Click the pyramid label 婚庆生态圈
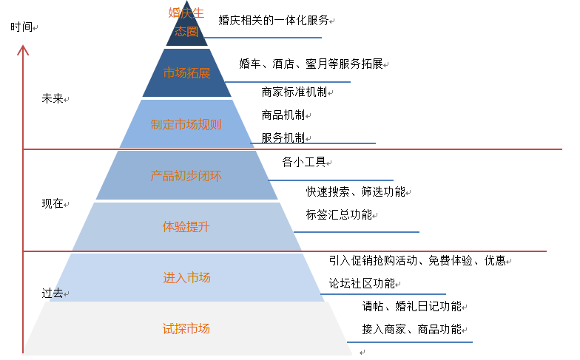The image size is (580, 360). pyautogui.click(x=186, y=22)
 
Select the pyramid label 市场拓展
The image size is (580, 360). pyautogui.click(x=186, y=73)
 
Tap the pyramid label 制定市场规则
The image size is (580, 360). pyautogui.click(x=186, y=124)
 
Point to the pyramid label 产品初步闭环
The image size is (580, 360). pyautogui.click(x=186, y=176)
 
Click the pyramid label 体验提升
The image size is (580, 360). pyautogui.click(x=186, y=226)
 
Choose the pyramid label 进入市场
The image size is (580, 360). pyautogui.click(x=186, y=278)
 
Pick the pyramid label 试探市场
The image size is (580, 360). pyautogui.click(x=186, y=328)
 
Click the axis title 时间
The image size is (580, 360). pyautogui.click(x=21, y=27)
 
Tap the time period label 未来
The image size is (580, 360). pyautogui.click(x=53, y=99)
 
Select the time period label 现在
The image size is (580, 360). pyautogui.click(x=53, y=204)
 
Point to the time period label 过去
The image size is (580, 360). pyautogui.click(x=53, y=293)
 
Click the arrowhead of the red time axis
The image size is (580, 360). pyautogui.click(x=23, y=46)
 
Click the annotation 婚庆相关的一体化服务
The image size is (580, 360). pyautogui.click(x=274, y=20)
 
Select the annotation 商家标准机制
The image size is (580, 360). pyautogui.click(x=294, y=92)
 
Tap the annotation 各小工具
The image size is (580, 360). pyautogui.click(x=304, y=162)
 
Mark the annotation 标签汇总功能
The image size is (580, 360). pyautogui.click(x=339, y=214)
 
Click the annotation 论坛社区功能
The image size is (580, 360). pyautogui.click(x=362, y=284)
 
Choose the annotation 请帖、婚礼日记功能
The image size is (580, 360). pyautogui.click(x=411, y=306)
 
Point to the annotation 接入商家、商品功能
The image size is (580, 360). pyautogui.click(x=411, y=329)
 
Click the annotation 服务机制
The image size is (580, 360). pyautogui.click(x=283, y=137)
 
